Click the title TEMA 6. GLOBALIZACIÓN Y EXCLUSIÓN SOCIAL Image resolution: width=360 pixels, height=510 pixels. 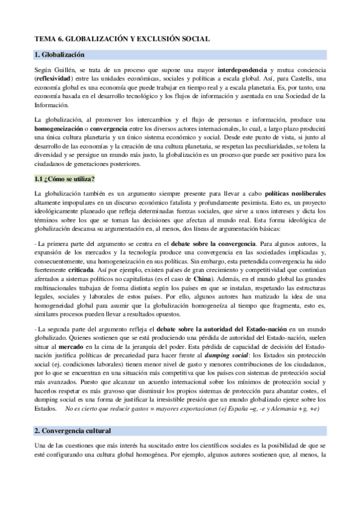click(122, 38)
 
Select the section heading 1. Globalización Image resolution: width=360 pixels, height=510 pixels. click(60, 55)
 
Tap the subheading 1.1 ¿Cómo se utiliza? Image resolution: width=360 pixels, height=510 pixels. click(65, 180)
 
